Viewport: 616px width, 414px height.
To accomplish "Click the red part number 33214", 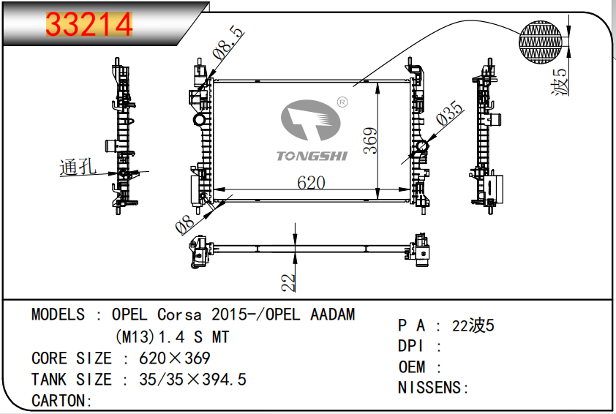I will pyautogui.click(x=89, y=25).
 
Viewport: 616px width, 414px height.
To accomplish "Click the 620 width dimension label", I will pyautogui.click(x=311, y=183).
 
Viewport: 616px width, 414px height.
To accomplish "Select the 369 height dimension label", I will pyautogui.click(x=371, y=140).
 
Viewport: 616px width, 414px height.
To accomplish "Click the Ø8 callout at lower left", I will pyautogui.click(x=186, y=223).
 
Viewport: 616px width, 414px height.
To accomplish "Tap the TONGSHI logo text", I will pyautogui.click(x=312, y=155).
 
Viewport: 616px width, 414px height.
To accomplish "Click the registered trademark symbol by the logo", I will pyautogui.click(x=341, y=102).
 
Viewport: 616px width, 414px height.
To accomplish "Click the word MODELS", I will pyautogui.click(x=58, y=315).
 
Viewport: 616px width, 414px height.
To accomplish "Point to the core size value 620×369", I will pyautogui.click(x=165, y=358).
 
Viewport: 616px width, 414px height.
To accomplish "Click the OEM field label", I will pyautogui.click(x=410, y=367).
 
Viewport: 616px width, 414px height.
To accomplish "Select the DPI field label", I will pyautogui.click(x=410, y=347).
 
